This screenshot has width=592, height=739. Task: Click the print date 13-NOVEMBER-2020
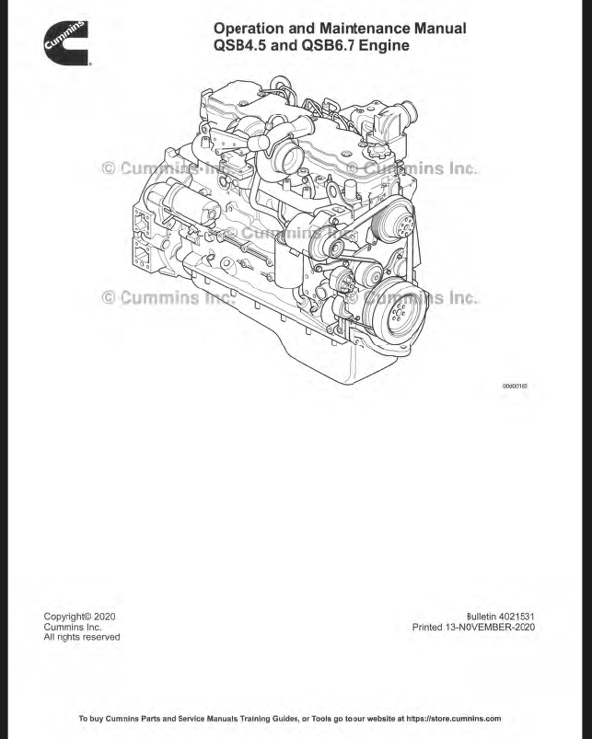click(x=493, y=628)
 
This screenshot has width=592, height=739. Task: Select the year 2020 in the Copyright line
click(x=103, y=616)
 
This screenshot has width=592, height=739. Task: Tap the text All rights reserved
click(x=82, y=637)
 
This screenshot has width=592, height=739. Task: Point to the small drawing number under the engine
click(x=515, y=387)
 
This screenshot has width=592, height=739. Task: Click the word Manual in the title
click(x=437, y=29)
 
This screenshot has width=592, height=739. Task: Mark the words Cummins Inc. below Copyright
click(x=73, y=627)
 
